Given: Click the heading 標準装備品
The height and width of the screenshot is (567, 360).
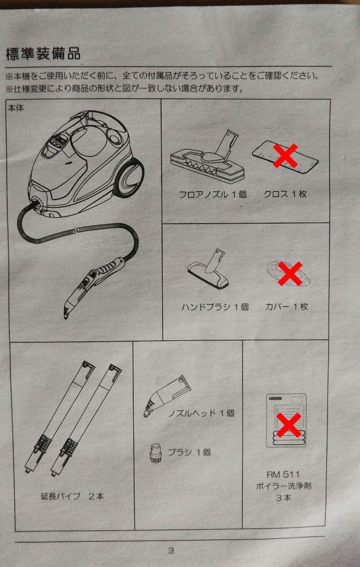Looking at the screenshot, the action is pos(43,54).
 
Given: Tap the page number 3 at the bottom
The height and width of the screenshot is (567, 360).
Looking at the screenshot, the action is pos(171,551).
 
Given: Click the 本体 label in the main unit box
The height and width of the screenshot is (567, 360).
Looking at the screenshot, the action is pos(16,108).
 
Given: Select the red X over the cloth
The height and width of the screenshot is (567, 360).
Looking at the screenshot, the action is pos(285,155).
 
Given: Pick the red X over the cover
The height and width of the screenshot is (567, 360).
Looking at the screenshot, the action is pos(290,274).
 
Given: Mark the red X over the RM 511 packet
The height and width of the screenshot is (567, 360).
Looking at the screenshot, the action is pos(289,425).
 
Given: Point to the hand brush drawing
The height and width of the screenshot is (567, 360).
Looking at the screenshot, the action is pos(208,269).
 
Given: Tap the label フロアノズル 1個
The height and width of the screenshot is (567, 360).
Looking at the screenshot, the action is pos(213,195).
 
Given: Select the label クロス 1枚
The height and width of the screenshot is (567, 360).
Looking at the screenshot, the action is pos(285,194).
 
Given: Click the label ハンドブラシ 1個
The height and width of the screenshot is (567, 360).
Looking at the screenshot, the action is pos(215,307).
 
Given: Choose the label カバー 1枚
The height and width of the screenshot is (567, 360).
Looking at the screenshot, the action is pos(286,307).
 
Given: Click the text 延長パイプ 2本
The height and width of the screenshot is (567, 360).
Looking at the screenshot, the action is pos(72,496).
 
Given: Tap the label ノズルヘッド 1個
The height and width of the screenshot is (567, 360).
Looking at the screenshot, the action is pos(201,413).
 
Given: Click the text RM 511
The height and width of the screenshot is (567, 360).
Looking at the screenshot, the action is pos(283,475).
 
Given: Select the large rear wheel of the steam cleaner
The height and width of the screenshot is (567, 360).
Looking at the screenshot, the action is pos(129,178).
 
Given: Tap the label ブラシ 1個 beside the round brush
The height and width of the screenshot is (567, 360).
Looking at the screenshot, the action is pos(189,453).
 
